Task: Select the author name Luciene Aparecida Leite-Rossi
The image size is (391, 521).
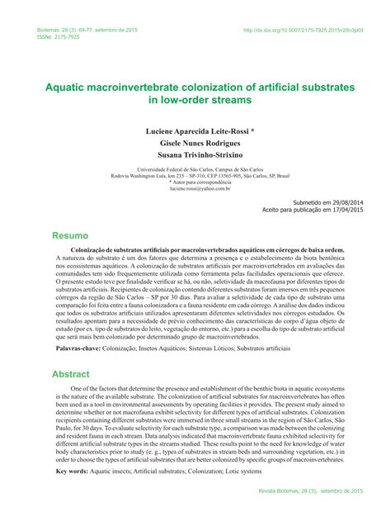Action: pyautogui.click(x=194, y=130)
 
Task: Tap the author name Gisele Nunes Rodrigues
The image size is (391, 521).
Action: pyautogui.click(x=195, y=142)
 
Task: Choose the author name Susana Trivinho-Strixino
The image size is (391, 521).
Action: pyautogui.click(x=195, y=154)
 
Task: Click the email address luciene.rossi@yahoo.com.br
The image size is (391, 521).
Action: pyautogui.click(x=195, y=188)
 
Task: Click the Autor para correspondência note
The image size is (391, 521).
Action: pyautogui.click(x=195, y=181)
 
